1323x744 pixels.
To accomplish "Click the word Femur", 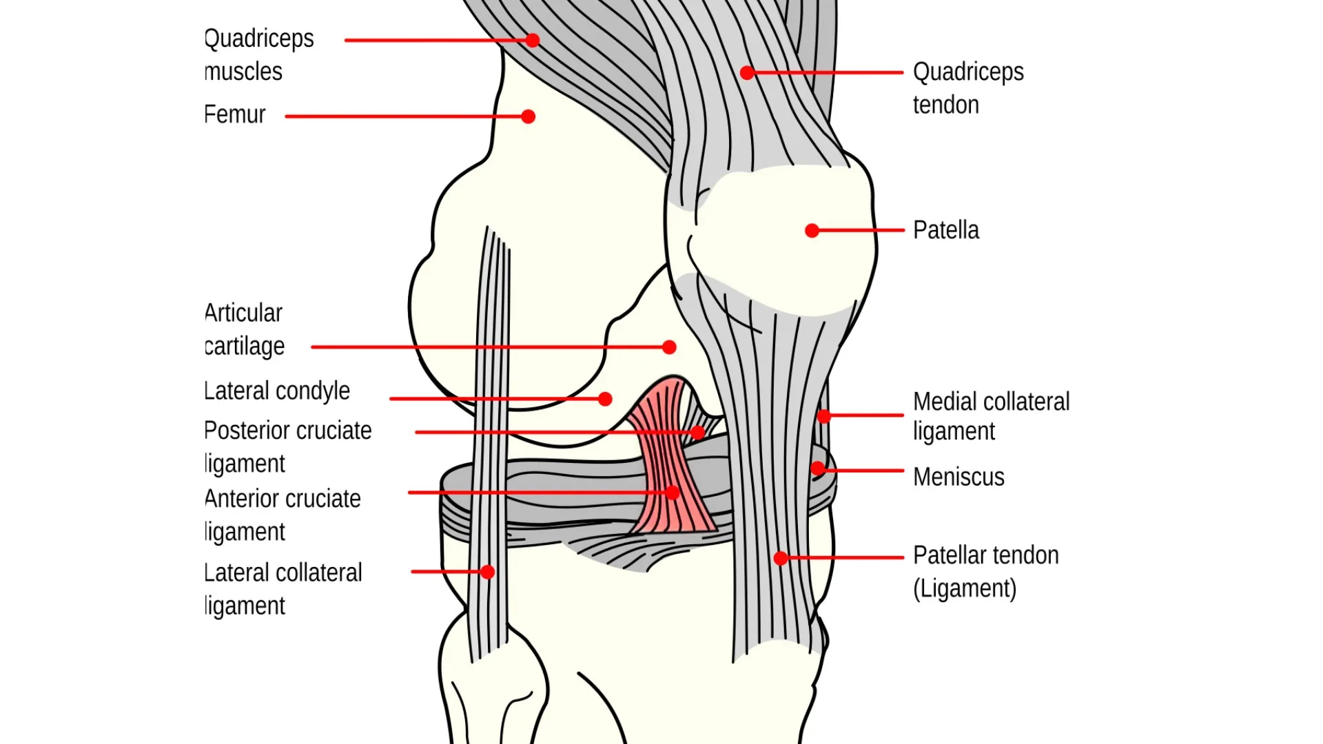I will click(x=235, y=114).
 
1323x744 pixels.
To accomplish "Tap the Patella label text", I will click(x=945, y=230).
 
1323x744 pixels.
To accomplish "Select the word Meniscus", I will click(x=958, y=477).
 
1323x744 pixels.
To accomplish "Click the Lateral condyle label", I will click(x=277, y=391).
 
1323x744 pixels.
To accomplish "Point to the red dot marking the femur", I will click(x=529, y=116).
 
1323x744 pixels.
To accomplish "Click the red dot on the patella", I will click(x=812, y=231).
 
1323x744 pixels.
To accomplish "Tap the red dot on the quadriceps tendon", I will click(x=747, y=72).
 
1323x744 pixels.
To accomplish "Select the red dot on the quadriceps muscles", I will click(x=533, y=40).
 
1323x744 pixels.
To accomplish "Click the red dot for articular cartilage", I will click(x=669, y=347).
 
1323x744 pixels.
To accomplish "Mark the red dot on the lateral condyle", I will click(x=605, y=399).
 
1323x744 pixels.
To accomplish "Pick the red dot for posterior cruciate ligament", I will click(x=698, y=433).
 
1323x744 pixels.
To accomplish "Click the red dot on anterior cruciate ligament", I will click(x=673, y=493).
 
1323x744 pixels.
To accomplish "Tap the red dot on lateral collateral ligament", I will click(x=488, y=572).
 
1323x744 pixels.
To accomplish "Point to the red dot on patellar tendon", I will click(x=781, y=558).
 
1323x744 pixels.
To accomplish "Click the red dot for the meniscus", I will click(x=818, y=469).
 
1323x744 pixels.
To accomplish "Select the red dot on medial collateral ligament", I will click(x=823, y=415).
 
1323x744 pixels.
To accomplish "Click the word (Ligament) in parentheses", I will click(x=965, y=589).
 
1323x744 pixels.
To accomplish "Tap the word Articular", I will click(x=244, y=313).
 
